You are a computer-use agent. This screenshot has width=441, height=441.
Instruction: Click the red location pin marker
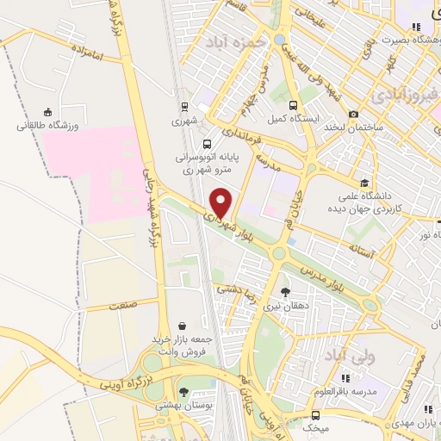[221, 202]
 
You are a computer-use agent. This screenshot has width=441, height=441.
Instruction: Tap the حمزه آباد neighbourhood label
[227, 41]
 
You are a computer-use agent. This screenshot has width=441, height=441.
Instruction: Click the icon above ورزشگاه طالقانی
[47, 111]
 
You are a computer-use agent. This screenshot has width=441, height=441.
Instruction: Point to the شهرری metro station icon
[204, 107]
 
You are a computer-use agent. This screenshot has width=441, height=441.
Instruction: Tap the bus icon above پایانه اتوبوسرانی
[206, 144]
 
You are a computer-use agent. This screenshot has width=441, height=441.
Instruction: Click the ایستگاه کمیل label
[289, 118]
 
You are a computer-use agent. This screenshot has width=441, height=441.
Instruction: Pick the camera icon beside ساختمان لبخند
[354, 115]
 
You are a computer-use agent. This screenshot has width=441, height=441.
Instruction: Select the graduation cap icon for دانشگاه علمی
[365, 183]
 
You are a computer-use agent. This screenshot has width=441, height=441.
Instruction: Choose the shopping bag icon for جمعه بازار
[183, 326]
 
